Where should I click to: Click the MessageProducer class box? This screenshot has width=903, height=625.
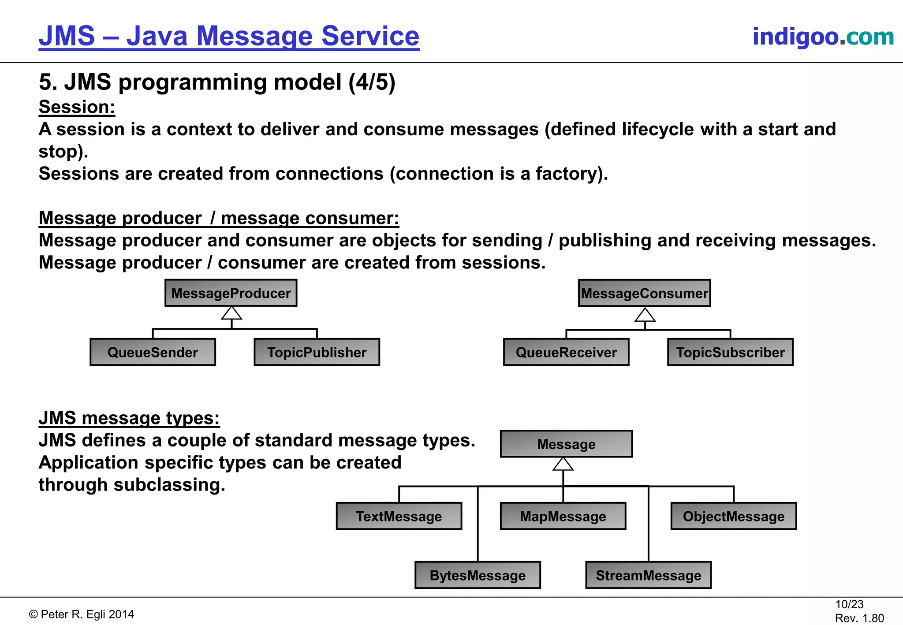pyautogui.click(x=231, y=293)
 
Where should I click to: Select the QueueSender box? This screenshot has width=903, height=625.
pyautogui.click(x=153, y=352)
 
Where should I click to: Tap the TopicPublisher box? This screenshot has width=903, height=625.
pyautogui.click(x=317, y=352)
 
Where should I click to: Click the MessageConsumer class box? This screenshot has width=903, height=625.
pyautogui.click(x=644, y=293)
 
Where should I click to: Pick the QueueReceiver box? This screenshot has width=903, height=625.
pyautogui.click(x=566, y=352)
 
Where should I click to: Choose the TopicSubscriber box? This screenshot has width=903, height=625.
pyautogui.click(x=730, y=352)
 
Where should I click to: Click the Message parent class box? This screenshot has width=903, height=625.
pyautogui.click(x=566, y=444)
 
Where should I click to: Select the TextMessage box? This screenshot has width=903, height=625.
pyautogui.click(x=399, y=516)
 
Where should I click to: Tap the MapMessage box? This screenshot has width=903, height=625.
pyautogui.click(x=563, y=516)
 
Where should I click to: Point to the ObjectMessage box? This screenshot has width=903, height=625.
pyautogui.click(x=733, y=516)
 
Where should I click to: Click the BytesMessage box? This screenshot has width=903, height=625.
pyautogui.click(x=478, y=575)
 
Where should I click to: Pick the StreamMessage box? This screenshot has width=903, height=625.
pyautogui.click(x=648, y=575)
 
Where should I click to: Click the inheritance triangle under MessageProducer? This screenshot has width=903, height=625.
pyautogui.click(x=231, y=313)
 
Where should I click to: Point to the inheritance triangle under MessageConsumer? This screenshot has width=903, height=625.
pyautogui.click(x=645, y=315)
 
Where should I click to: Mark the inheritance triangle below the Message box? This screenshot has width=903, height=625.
pyautogui.click(x=563, y=464)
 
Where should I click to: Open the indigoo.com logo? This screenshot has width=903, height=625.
pyautogui.click(x=823, y=36)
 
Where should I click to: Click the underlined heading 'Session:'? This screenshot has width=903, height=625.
pyautogui.click(x=77, y=107)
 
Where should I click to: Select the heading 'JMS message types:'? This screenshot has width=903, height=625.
pyautogui.click(x=129, y=418)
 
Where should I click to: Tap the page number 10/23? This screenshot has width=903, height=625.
pyautogui.click(x=849, y=604)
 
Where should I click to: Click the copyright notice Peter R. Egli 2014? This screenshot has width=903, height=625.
pyautogui.click(x=82, y=614)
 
